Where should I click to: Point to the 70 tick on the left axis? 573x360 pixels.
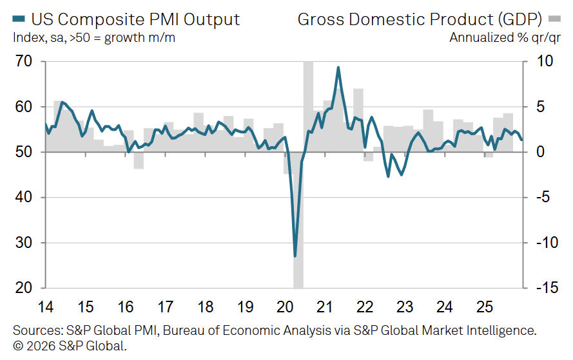point(23,62)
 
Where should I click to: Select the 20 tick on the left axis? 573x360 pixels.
point(23,288)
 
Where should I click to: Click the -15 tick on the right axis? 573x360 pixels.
point(545,288)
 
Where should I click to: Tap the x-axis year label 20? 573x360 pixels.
point(284,307)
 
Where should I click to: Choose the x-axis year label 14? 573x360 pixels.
point(45,307)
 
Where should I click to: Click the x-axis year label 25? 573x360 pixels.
point(483,307)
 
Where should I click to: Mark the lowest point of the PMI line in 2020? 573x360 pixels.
point(295,256)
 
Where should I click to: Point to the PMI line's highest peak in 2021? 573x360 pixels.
point(338,68)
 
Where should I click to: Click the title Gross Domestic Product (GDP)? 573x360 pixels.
point(419,19)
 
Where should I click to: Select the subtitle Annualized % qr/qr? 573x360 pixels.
point(505,37)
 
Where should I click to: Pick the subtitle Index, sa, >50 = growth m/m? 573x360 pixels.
point(94,37)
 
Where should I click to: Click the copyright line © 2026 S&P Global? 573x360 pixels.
point(70,346)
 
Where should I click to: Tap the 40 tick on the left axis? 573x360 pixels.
point(23,198)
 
